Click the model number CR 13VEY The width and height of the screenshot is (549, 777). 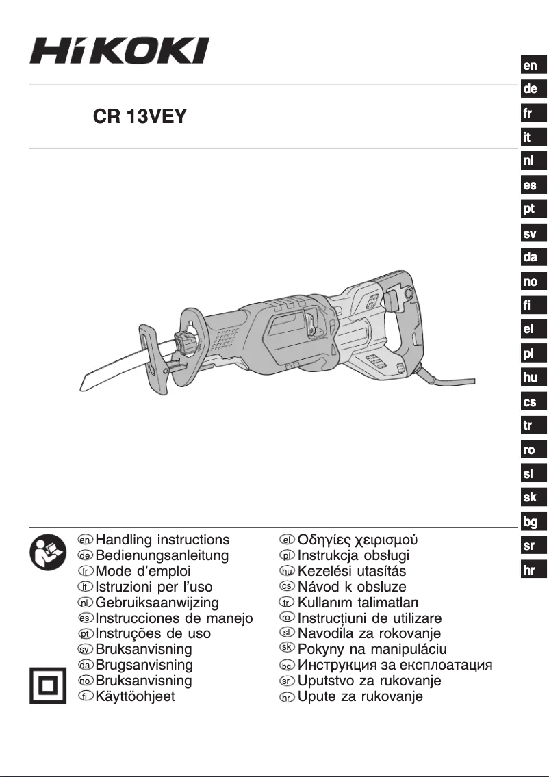click(x=140, y=117)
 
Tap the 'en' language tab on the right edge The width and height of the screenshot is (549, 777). click(x=530, y=66)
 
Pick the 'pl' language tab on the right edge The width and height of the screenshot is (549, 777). click(x=530, y=354)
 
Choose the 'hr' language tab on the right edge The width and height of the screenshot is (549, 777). click(x=530, y=570)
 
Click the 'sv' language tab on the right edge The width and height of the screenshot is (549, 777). click(x=530, y=234)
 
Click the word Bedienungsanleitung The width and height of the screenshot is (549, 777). click(x=162, y=555)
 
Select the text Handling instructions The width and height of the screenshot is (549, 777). click(x=162, y=539)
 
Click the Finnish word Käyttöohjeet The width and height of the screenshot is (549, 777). click(x=135, y=697)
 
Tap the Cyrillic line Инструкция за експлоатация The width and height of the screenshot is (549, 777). click(x=394, y=665)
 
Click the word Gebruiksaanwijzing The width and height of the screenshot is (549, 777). click(x=157, y=603)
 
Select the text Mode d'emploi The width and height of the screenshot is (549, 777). click(x=142, y=571)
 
